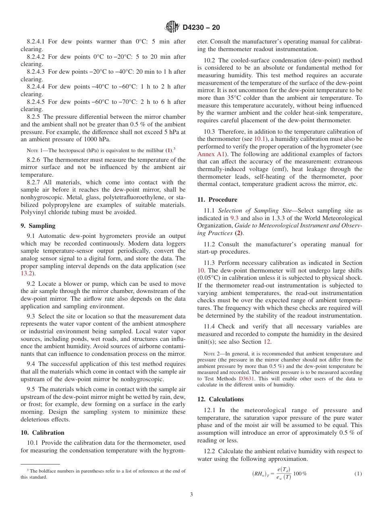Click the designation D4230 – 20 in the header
pyautogui.click(x=201, y=27)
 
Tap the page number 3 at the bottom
pyautogui.click(x=191, y=495)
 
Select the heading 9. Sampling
pyautogui.click(x=38, y=226)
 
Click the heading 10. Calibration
pyautogui.click(x=42, y=433)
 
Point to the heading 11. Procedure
pyautogui.click(x=217, y=200)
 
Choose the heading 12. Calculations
pyautogui.click(x=221, y=399)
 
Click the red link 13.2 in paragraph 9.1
pyautogui.click(x=26, y=273)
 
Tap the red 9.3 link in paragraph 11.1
pyautogui.click(x=234, y=218)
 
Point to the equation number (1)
pyautogui.click(x=358, y=474)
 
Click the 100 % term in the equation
pyautogui.click(x=300, y=473)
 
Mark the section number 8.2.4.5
pyautogui.click(x=36, y=102)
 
